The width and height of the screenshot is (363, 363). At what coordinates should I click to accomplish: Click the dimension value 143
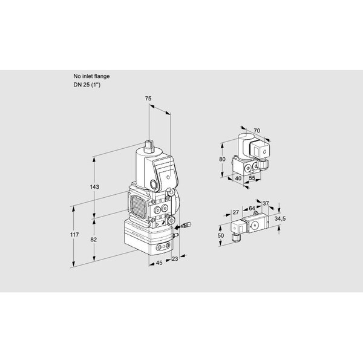tap(94, 187)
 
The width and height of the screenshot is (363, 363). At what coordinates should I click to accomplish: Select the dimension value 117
tap(74, 235)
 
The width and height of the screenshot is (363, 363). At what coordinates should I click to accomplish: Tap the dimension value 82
tap(93, 240)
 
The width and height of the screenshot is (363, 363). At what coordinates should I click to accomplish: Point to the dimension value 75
tap(148, 99)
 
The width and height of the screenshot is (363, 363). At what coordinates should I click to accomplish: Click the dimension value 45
tap(159, 263)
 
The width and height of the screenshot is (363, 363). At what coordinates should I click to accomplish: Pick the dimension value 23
tap(175, 258)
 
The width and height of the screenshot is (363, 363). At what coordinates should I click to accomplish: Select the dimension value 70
tap(257, 131)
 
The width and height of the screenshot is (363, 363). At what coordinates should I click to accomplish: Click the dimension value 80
tap(222, 159)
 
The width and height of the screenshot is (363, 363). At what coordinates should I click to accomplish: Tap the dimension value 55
tap(252, 178)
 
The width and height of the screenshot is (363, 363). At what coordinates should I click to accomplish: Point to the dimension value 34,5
tap(280, 218)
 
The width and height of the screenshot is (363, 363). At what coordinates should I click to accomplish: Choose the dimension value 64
tap(252, 209)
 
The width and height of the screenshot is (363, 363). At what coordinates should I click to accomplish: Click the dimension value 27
tap(235, 212)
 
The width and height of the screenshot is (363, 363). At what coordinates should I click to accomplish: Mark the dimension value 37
tap(266, 203)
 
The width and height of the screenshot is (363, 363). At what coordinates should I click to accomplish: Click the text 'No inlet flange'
tap(91, 76)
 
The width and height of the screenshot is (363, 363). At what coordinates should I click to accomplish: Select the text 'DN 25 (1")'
tap(87, 85)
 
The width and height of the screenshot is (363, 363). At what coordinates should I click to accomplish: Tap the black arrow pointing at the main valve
tap(177, 227)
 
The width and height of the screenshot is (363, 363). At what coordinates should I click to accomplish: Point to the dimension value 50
tap(221, 236)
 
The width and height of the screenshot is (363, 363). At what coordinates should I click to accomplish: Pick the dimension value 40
tap(238, 178)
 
